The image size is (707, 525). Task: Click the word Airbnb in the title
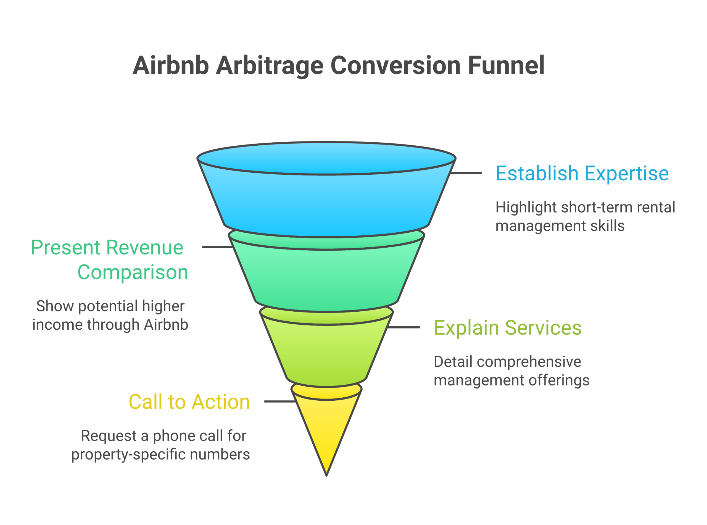[x=171, y=65]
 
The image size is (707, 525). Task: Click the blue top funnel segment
[x=326, y=203]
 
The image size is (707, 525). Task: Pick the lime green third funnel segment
[x=326, y=353]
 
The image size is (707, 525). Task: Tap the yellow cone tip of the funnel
[x=326, y=432]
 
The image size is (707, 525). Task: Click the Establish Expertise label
[x=582, y=174]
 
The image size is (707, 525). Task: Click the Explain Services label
[x=508, y=328]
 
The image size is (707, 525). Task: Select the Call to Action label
[x=189, y=402]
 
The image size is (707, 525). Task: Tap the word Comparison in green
[x=133, y=272]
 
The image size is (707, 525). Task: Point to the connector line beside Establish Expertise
[x=466, y=173]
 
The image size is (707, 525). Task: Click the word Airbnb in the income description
[x=166, y=324]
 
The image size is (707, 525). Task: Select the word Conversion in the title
[x=395, y=65]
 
